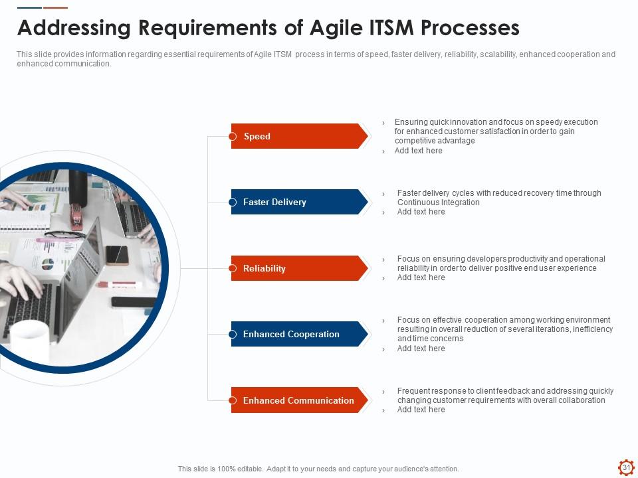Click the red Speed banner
coord(298,136)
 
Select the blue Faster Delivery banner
coord(298,202)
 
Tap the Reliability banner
coord(298,268)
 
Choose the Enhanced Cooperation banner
coord(298,334)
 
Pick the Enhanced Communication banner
coord(298,400)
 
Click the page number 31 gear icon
coord(625,467)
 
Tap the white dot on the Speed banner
coord(233,137)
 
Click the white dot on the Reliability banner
coord(233,268)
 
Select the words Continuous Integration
coord(438,202)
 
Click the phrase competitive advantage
coord(435,141)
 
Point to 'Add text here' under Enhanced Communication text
coord(421,410)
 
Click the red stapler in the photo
coord(76,216)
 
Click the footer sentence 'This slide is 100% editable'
coord(318,469)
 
